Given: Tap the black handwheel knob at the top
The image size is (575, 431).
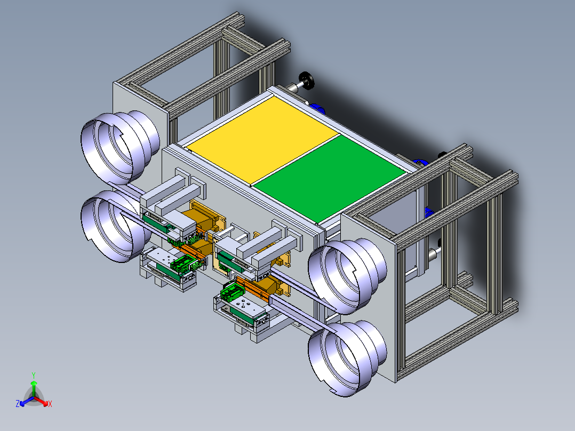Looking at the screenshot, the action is click(x=307, y=81).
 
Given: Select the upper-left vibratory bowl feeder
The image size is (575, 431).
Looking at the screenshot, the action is click(x=121, y=147).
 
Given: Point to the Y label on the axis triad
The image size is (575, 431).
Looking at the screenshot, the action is click(x=34, y=375).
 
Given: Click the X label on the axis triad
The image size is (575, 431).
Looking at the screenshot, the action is click(x=50, y=404).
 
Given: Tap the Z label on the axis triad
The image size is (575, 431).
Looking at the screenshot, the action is click(x=17, y=403).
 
